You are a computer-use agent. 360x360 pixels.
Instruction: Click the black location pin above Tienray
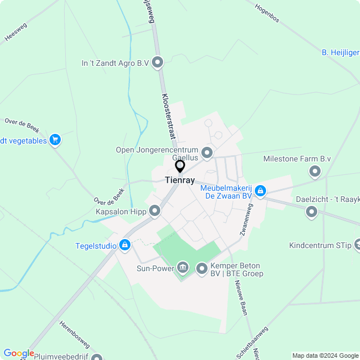(x=180, y=166)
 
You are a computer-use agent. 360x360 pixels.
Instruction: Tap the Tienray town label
(x=180, y=180)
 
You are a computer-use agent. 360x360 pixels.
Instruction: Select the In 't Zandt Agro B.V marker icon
(x=157, y=63)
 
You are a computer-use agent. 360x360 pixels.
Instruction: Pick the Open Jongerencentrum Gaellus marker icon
(x=207, y=152)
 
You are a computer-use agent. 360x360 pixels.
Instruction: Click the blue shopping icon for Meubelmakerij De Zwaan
(x=260, y=192)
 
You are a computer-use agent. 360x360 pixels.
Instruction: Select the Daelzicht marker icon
(x=311, y=212)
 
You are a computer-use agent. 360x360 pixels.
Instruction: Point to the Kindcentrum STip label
(x=319, y=245)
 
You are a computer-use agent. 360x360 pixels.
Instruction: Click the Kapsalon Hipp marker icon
(x=155, y=211)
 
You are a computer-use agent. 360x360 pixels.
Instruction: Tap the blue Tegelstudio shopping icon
(x=125, y=245)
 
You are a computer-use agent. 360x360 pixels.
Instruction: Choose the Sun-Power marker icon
(x=183, y=267)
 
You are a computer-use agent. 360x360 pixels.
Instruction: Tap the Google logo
(x=19, y=353)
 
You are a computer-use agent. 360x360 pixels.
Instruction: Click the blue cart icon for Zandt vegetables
(x=55, y=140)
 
